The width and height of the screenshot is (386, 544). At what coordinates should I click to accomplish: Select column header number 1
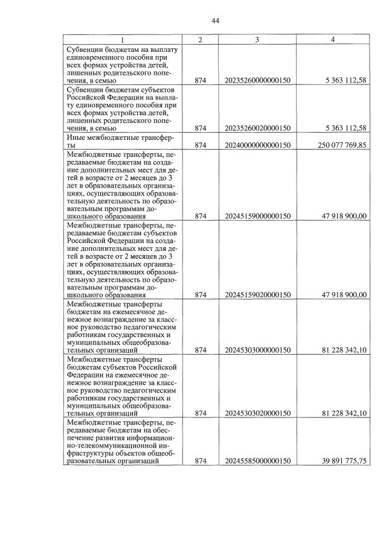point(122,39)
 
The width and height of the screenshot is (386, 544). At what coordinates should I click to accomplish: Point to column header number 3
point(257,39)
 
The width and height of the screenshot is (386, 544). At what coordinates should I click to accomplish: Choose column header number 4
point(332,39)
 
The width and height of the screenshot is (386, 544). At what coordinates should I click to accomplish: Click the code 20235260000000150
point(258,79)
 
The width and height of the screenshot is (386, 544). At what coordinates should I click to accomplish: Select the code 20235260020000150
point(258,128)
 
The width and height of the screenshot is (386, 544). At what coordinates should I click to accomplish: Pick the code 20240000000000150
point(258,145)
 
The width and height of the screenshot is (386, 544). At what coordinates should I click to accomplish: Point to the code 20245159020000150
point(258,295)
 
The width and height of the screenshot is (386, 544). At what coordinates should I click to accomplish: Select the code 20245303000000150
point(258,350)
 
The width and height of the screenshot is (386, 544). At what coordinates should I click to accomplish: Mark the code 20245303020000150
point(258,413)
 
